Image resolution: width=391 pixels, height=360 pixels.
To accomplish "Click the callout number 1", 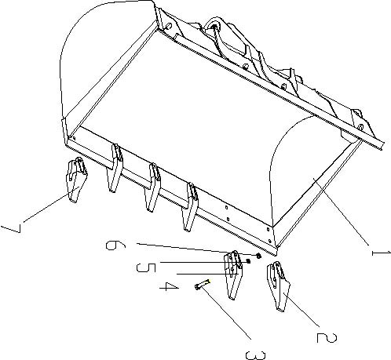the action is click(381, 253).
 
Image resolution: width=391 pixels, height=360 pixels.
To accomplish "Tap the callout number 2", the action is click(327, 337).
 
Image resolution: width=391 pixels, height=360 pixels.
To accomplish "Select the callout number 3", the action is click(255, 355).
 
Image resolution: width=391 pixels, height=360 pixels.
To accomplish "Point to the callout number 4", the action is click(170, 287).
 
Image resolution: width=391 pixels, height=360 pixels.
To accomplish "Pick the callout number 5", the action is click(146, 267).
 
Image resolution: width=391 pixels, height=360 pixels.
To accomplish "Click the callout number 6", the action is click(115, 245).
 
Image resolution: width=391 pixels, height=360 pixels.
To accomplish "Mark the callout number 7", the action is click(12, 228).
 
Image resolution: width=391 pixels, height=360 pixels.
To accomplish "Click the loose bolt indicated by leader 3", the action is click(203, 284).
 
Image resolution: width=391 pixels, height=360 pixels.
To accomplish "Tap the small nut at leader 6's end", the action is click(259, 256).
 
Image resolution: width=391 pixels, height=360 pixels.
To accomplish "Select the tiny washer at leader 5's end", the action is click(248, 261).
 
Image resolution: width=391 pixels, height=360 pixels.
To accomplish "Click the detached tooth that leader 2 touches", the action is click(278, 286).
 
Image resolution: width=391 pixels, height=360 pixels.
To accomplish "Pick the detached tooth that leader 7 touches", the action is click(77, 180).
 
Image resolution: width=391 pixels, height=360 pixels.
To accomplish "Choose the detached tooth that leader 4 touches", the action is click(233, 275).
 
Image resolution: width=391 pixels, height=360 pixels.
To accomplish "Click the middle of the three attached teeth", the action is click(153, 187).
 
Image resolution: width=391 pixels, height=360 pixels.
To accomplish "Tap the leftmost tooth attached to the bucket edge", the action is click(115, 168).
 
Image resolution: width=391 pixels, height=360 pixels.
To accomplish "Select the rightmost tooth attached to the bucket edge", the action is click(190, 206).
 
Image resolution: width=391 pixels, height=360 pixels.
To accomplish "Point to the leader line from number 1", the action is click(341, 211).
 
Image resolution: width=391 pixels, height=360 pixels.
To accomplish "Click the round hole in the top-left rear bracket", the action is click(169, 26).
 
